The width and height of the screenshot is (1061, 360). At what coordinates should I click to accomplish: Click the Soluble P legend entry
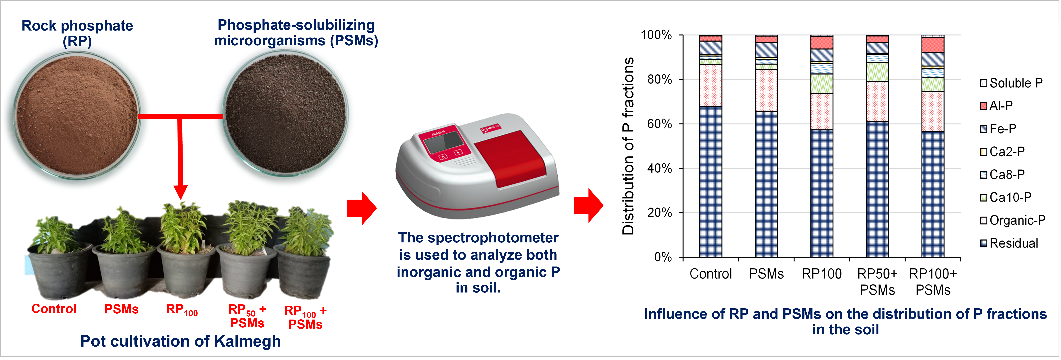[1011, 83]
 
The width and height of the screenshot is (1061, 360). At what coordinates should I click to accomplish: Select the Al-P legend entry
[996, 106]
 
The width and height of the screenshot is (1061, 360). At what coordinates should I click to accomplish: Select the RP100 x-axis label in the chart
[822, 274]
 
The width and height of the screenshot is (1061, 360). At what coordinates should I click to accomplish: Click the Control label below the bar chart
[711, 274]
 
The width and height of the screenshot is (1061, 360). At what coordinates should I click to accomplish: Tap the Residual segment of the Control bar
[711, 182]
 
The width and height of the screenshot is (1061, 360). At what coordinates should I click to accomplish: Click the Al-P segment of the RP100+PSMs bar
[932, 45]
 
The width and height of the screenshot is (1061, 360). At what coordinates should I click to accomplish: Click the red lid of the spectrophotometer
[510, 159]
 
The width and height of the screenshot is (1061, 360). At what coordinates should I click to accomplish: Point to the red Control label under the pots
[54, 309]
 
